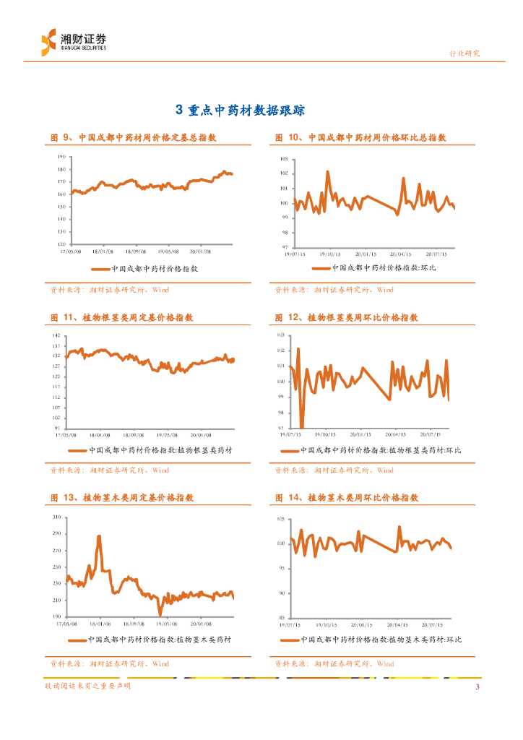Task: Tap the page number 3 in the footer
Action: (477, 687)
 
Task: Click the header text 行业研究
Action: (464, 53)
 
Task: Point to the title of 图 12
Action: (346, 317)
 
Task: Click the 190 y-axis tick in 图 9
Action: (61, 157)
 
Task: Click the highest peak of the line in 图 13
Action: (99, 536)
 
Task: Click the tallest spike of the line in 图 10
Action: (327, 172)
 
